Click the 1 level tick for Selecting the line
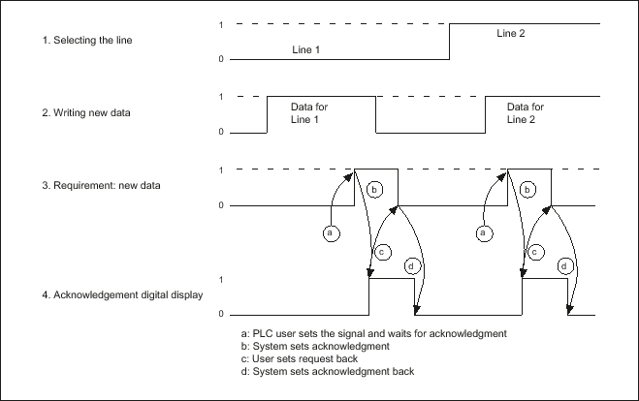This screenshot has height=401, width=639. (x=221, y=23)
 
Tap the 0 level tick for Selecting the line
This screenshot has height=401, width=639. (x=221, y=59)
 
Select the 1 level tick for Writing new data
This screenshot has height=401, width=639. (x=221, y=96)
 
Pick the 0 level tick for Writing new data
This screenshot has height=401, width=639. (x=221, y=132)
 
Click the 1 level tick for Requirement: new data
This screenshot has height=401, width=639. (x=221, y=170)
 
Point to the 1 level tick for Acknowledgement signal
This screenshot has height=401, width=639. (x=221, y=280)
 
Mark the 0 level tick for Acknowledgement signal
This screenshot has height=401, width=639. (x=221, y=315)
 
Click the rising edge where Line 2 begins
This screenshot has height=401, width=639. (x=450, y=41)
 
